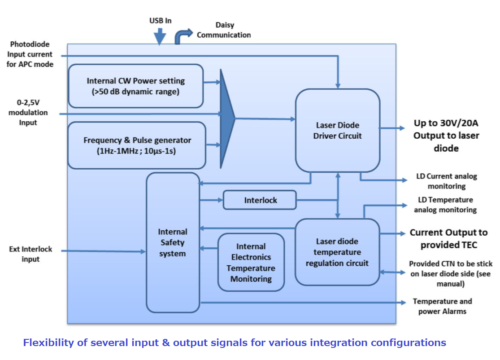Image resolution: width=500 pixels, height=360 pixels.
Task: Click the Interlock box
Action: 260,200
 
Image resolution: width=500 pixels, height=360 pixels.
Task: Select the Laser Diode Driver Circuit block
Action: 337,130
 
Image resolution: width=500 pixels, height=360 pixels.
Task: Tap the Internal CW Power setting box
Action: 135,86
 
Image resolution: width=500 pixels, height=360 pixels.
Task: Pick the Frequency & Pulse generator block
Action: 137,145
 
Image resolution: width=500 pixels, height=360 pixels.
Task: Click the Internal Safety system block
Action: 173,242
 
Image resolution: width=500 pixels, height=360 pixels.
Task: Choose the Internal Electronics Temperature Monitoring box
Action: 251,262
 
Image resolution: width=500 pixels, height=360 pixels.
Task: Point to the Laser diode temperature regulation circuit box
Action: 337,252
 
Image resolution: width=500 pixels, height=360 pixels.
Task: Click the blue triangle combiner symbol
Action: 227,119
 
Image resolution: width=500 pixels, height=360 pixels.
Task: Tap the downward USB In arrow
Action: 160,36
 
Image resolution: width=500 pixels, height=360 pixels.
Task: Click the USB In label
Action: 160,21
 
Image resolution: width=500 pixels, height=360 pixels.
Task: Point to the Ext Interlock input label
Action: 30,254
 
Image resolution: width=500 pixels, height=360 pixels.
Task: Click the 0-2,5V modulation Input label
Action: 28,113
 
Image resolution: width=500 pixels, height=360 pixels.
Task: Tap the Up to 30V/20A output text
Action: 446,136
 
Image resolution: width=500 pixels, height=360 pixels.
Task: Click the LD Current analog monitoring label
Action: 446,181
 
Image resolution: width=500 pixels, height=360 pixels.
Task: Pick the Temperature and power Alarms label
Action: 442,306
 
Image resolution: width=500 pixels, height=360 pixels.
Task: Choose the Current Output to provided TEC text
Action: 448,239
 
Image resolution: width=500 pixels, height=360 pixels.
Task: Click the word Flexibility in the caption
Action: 48,343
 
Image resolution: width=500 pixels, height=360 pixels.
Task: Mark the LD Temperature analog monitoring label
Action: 445,205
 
